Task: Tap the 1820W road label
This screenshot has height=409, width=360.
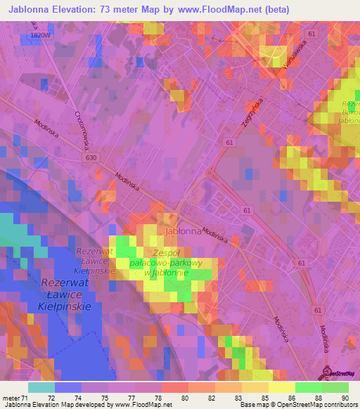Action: [x=41, y=34]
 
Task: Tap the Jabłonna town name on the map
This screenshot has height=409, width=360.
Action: [x=182, y=231]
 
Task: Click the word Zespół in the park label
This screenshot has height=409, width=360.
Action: [x=167, y=252]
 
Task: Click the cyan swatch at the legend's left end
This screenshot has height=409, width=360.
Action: [x=41, y=387]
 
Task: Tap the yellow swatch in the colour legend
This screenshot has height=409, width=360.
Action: [x=281, y=387]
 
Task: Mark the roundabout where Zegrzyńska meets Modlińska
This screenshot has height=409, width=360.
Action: [x=210, y=172]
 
